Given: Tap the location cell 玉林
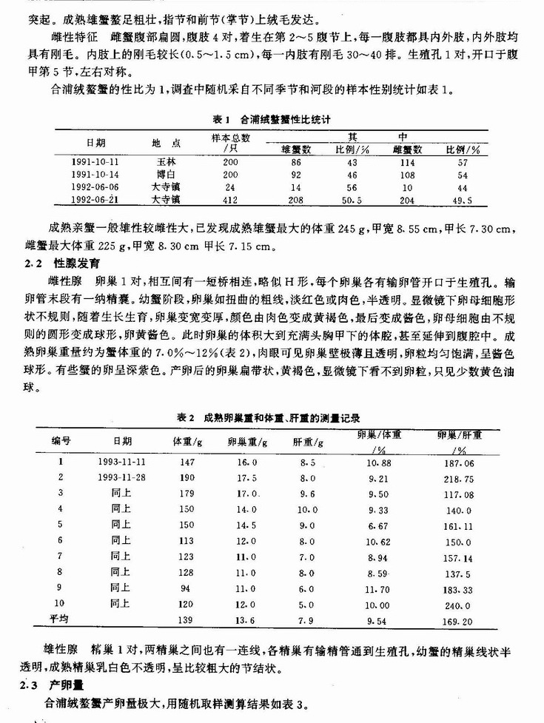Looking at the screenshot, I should point(165,161).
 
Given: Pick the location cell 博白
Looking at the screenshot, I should point(165,174).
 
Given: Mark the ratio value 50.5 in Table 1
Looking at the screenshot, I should point(348,200).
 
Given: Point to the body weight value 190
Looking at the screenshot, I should point(182,477).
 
